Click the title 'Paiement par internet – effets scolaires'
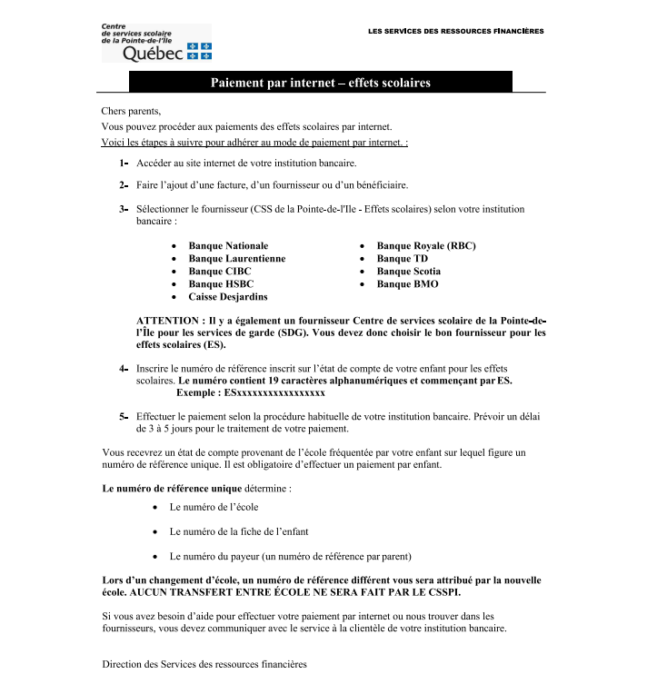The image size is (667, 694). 321,83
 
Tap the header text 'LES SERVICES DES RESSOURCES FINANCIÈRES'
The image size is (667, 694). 456,32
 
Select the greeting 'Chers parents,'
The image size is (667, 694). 131,111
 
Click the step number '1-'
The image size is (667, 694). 123,164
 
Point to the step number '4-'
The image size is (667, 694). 123,369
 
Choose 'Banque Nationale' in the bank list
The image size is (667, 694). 228,246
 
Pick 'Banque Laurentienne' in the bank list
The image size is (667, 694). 236,259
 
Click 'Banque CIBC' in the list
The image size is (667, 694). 220,272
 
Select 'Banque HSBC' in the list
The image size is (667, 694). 221,284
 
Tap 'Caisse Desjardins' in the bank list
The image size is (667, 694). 228,297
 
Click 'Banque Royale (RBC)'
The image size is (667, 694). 426,246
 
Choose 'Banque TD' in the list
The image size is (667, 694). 402,259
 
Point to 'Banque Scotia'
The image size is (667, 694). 409,272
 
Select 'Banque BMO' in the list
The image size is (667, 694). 407,284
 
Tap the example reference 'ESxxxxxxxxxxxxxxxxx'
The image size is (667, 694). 275,393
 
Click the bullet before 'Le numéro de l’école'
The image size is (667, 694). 157,508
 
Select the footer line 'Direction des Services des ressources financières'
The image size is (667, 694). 204,665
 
